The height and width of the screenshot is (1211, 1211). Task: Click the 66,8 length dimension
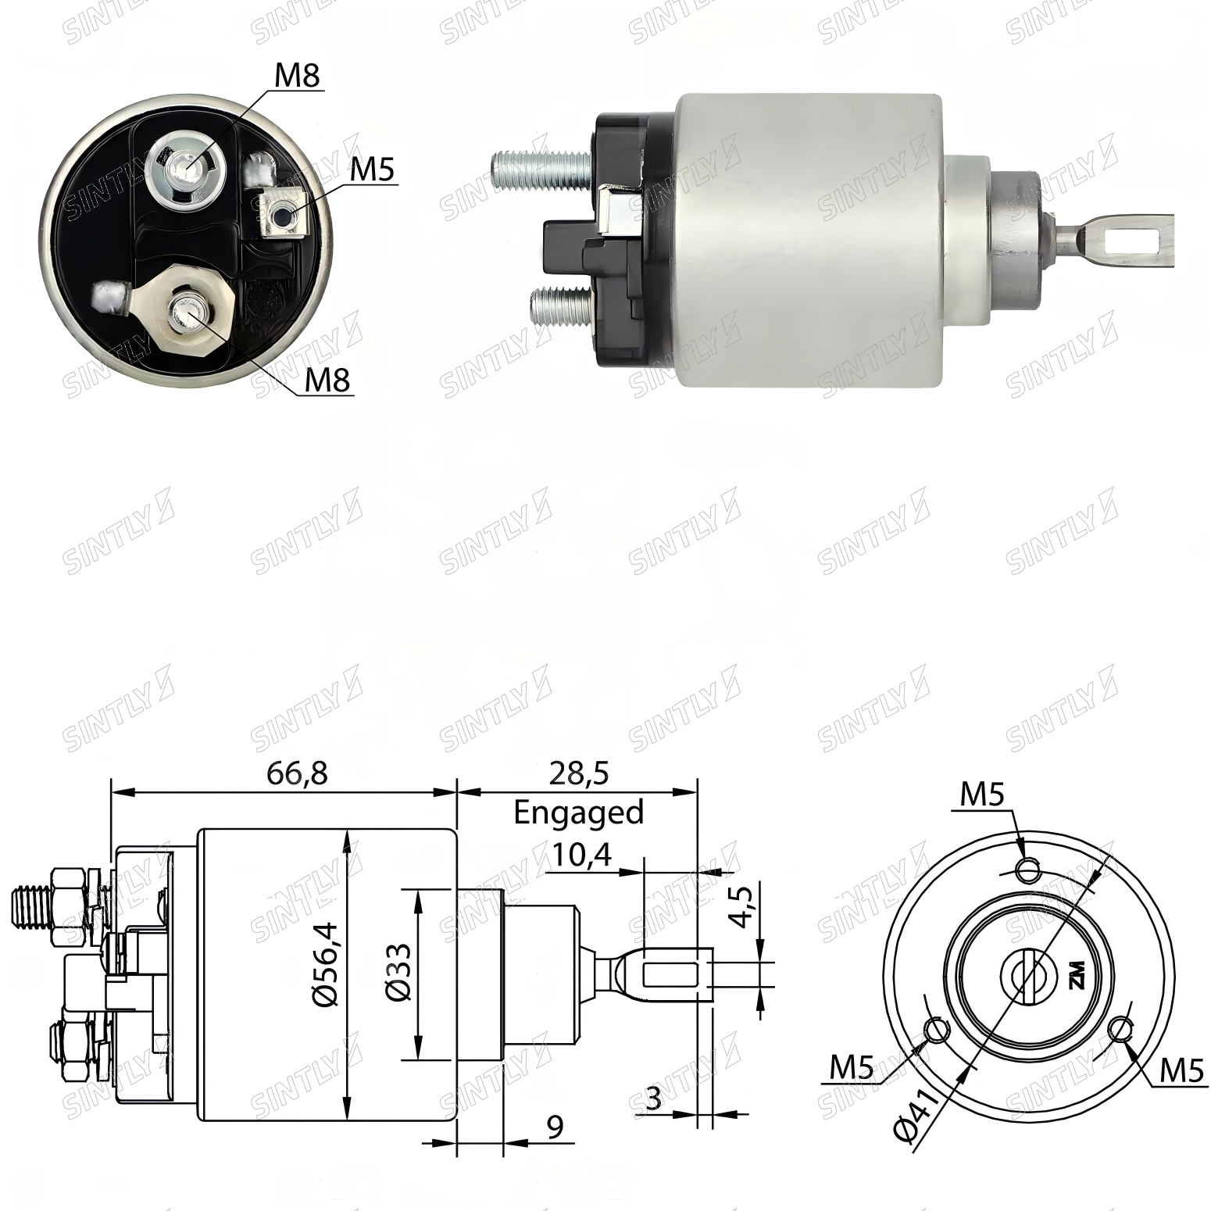(297, 773)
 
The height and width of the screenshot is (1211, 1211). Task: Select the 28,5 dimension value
(578, 773)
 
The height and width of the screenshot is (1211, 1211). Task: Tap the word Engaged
(578, 813)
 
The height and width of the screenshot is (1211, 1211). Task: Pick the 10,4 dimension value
(580, 858)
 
